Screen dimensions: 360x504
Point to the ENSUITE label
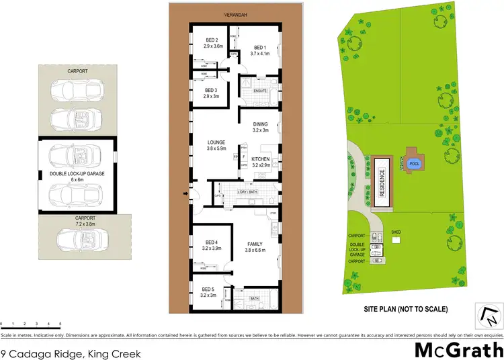pyautogui.click(x=261, y=90)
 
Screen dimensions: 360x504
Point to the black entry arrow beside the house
pyautogui.click(x=186, y=195)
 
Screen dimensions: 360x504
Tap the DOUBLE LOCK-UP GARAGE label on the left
pyautogui.click(x=76, y=174)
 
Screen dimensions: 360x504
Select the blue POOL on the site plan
pyautogui.click(x=414, y=163)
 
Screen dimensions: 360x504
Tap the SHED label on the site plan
pyautogui.click(x=396, y=232)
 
